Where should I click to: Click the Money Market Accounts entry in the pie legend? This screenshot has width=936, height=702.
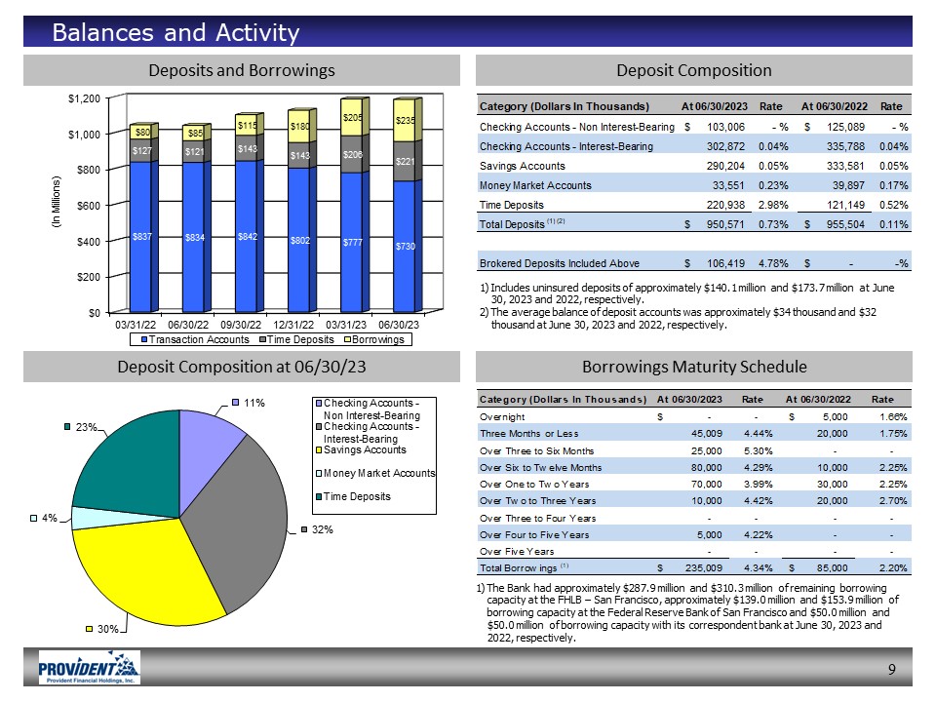pyautogui.click(x=379, y=472)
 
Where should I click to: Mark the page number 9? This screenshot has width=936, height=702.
pyautogui.click(x=892, y=668)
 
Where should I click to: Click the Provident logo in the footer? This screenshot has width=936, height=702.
pyautogui.click(x=88, y=668)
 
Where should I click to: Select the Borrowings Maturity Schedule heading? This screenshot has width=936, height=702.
pyautogui.click(x=693, y=367)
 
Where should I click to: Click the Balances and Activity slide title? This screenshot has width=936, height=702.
pyautogui.click(x=175, y=33)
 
